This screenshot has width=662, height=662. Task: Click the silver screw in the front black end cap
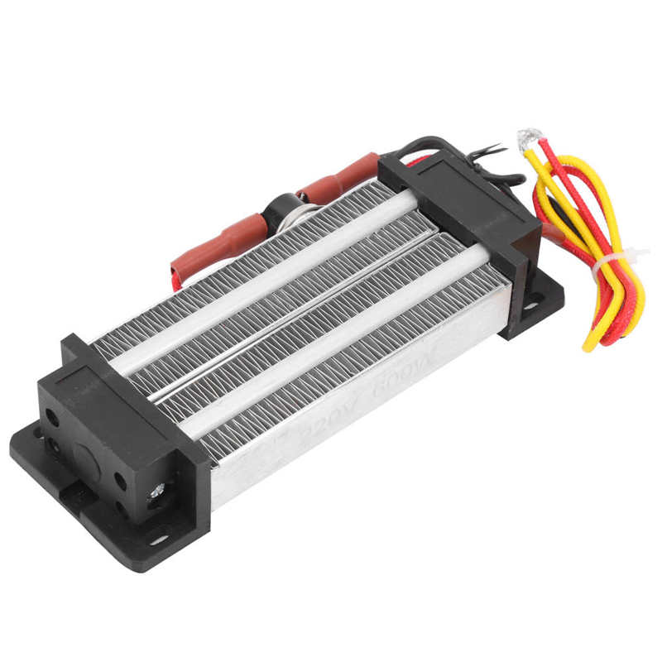pyautogui.click(x=154, y=493)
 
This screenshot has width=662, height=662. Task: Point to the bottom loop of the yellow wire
pyautogui.click(x=593, y=339)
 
